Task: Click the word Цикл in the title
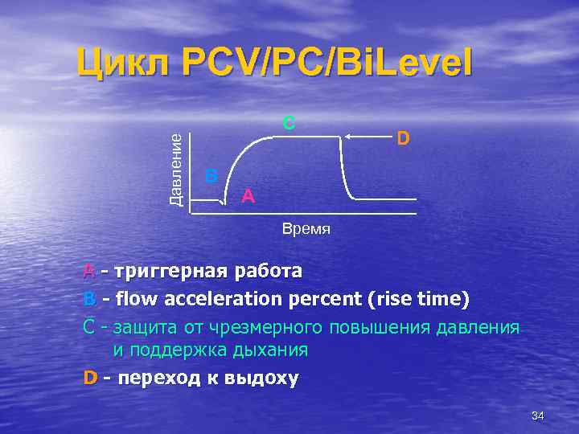click(122, 62)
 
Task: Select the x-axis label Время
click(306, 229)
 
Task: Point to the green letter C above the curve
click(288, 123)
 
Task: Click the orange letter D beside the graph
click(404, 139)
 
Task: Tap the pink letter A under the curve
click(248, 195)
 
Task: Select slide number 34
click(538, 416)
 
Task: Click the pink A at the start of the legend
click(88, 271)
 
